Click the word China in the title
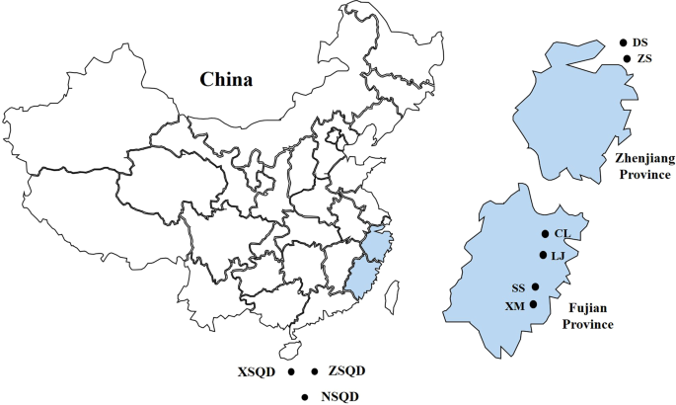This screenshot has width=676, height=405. pyautogui.click(x=226, y=80)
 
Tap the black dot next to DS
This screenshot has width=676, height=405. pyautogui.click(x=623, y=42)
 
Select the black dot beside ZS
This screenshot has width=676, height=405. pyautogui.click(x=628, y=59)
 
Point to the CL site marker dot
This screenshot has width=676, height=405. pyautogui.click(x=544, y=234)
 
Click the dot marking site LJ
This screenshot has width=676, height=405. pyautogui.click(x=543, y=255)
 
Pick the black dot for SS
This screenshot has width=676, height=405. pyautogui.click(x=535, y=287)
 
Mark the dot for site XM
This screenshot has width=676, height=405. pyautogui.click(x=534, y=304)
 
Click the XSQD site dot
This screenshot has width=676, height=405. pyautogui.click(x=291, y=371)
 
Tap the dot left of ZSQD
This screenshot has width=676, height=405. pyautogui.click(x=315, y=371)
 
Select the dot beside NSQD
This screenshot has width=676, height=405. pyautogui.click(x=306, y=397)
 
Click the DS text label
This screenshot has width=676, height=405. pyautogui.click(x=640, y=42)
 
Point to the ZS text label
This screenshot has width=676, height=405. pyautogui.click(x=644, y=59)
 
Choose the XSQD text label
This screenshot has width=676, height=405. pyautogui.click(x=257, y=372)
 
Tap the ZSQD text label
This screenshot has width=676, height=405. pyautogui.click(x=346, y=371)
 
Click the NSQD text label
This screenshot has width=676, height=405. pyautogui.click(x=339, y=397)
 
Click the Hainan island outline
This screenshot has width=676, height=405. pyautogui.click(x=289, y=351)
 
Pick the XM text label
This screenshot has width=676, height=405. pyautogui.click(x=514, y=305)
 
